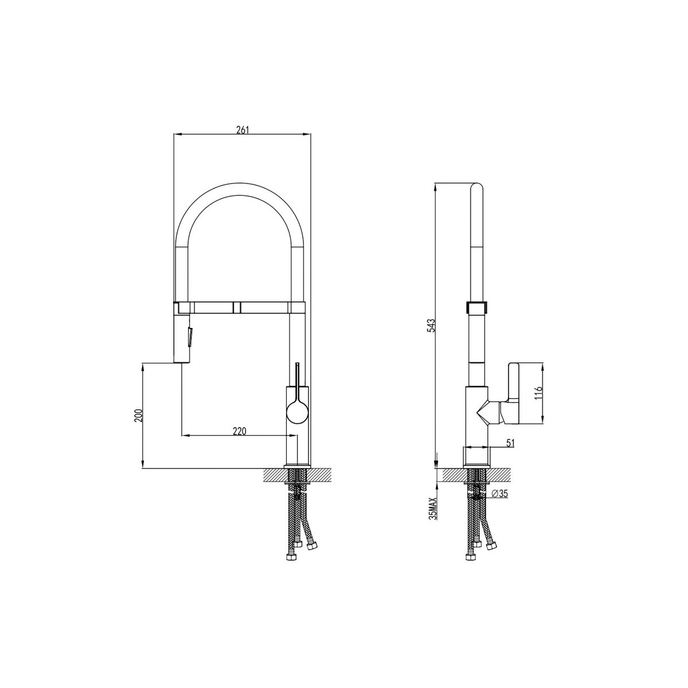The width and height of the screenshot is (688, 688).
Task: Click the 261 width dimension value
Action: click(242, 130)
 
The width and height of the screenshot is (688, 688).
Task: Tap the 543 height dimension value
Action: click(432, 326)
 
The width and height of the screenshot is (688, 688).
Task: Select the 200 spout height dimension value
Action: click(138, 415)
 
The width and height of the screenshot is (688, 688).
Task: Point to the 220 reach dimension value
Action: click(240, 431)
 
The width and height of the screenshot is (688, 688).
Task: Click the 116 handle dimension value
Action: click(540, 393)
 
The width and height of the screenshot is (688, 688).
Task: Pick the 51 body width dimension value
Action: click(510, 443)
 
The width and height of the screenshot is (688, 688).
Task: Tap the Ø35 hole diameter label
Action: click(499, 494)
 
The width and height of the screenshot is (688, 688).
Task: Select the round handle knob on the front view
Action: click(297, 412)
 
